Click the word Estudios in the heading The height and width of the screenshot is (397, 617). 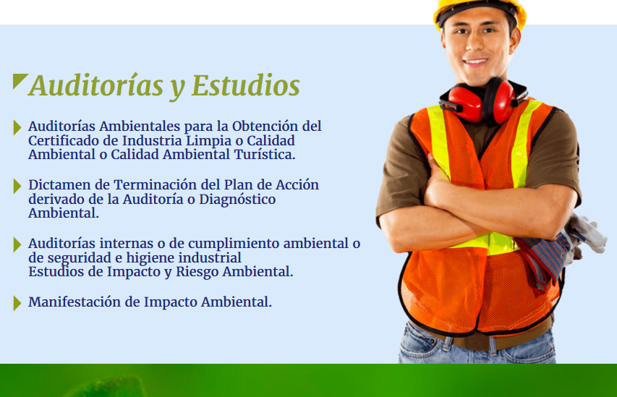245,85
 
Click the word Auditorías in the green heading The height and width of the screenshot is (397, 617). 95,85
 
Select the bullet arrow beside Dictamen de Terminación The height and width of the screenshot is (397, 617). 17,186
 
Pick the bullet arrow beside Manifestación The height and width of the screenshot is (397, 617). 17,304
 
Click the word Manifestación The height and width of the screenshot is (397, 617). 75,302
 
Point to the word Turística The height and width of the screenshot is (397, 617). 265,154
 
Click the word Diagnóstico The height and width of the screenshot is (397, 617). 237,200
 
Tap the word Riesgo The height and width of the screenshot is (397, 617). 197,272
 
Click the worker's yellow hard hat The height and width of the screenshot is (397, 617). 480,11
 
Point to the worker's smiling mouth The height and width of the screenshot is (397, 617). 475,61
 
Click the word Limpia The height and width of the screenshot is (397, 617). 208,140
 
